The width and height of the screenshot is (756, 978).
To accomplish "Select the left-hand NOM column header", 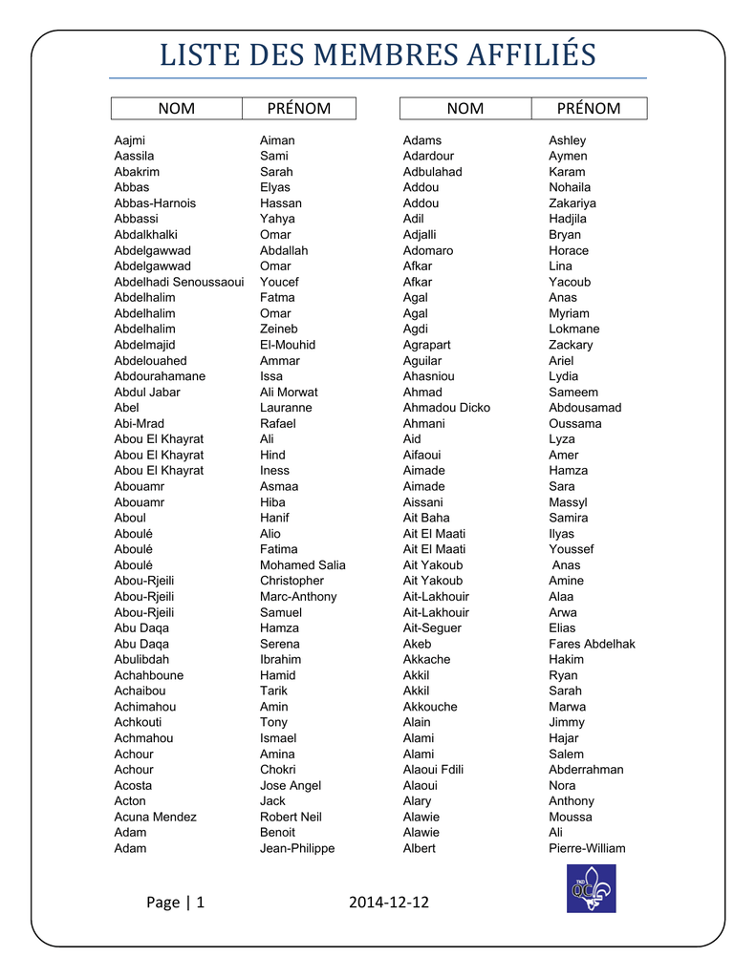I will (x=176, y=109).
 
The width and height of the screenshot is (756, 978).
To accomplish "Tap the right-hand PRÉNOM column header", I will (x=589, y=109).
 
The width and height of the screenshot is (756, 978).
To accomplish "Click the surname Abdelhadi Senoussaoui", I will (x=179, y=282).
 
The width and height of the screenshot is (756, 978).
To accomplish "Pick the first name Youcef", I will (x=279, y=282).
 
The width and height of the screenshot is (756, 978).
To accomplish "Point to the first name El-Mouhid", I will (x=288, y=345).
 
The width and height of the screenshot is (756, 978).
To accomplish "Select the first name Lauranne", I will (x=286, y=408).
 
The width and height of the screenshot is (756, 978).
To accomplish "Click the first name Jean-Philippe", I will (x=297, y=848).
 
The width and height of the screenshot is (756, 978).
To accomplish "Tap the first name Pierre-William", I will (x=587, y=848).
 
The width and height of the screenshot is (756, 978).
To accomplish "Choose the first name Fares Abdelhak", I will (x=592, y=644).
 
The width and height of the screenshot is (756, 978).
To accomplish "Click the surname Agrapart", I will (x=426, y=345).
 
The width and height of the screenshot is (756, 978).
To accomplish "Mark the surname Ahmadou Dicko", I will (x=446, y=408).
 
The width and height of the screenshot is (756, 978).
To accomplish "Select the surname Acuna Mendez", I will (x=155, y=817).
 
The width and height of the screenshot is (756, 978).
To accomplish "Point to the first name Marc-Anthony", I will (x=298, y=597).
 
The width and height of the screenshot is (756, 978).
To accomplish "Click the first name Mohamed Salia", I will (x=303, y=565).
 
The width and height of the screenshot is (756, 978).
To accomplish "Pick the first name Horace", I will (x=569, y=250).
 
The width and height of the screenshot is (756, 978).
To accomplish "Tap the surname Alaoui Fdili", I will (x=433, y=770).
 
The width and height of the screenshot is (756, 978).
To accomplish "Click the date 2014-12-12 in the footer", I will (x=389, y=903).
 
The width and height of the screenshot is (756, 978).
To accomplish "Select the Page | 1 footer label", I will (x=176, y=903).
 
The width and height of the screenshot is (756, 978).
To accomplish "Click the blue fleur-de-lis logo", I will (x=591, y=888).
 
